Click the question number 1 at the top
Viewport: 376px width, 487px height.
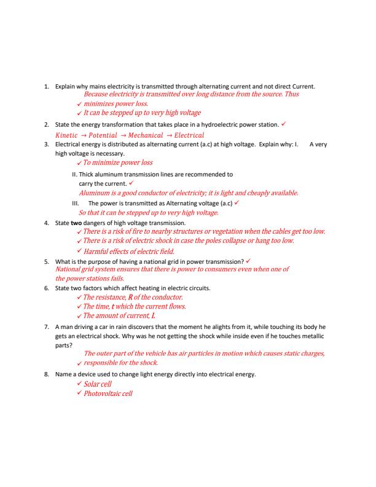pyautogui.click(x=47, y=87)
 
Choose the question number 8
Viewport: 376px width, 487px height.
pyautogui.click(x=47, y=373)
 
